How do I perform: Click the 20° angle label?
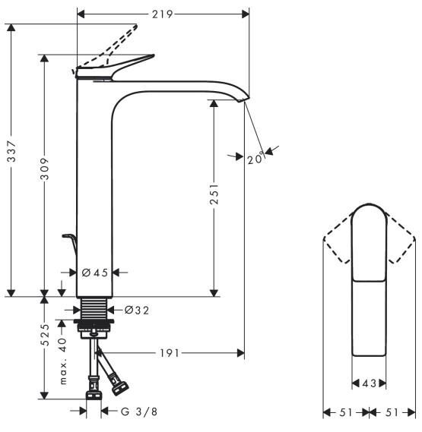tap(255, 159)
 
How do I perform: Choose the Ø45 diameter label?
tap(96, 273)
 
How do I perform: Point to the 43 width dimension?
tap(370, 383)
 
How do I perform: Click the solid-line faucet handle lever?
tap(129, 64)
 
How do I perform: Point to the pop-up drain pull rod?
tap(71, 244)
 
